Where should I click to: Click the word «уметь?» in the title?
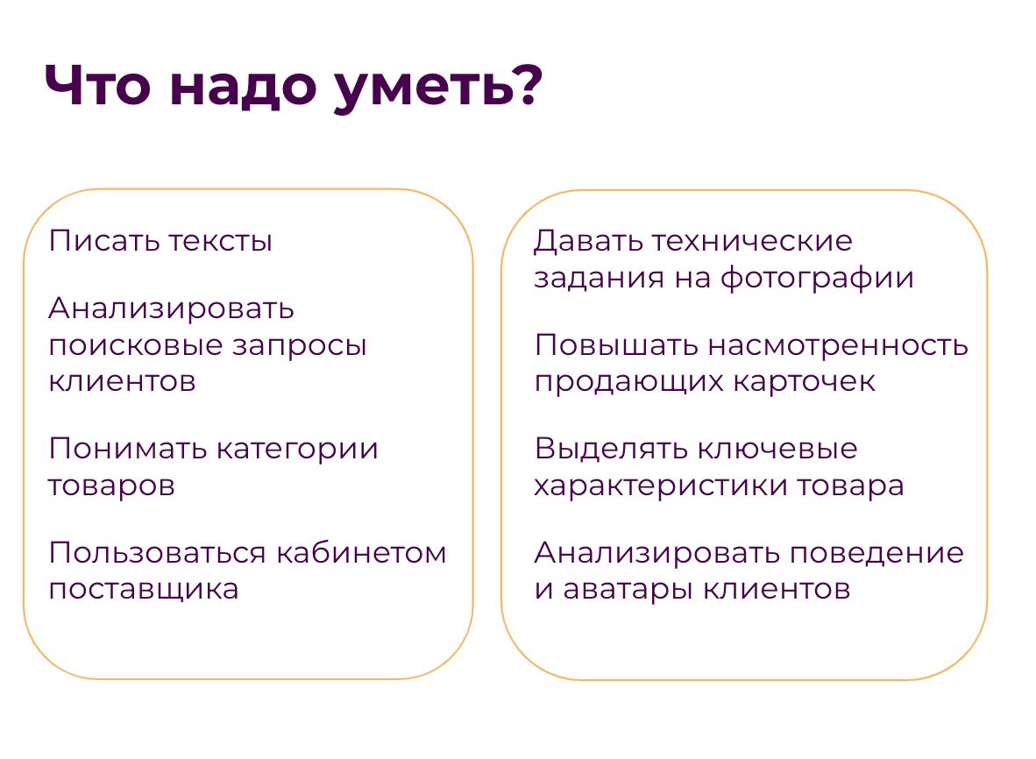[x=439, y=87]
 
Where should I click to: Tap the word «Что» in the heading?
[x=98, y=86]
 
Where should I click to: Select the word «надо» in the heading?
[x=243, y=88]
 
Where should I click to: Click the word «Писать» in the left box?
[x=105, y=240]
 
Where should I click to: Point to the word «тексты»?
[x=220, y=242]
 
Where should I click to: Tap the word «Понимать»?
[x=128, y=449]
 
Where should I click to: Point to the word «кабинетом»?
[x=361, y=553]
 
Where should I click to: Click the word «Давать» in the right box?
[x=589, y=242]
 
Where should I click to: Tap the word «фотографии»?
[x=817, y=278]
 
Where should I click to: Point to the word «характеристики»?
[x=662, y=486]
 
